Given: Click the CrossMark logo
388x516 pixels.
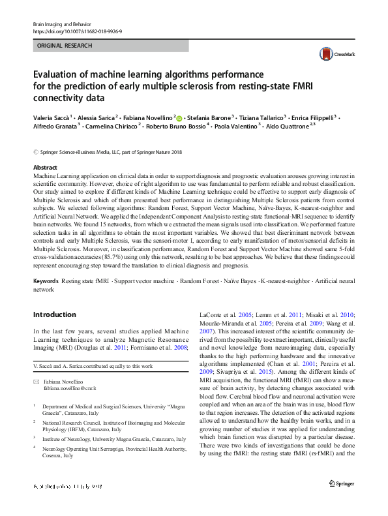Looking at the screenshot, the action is pyautogui.click(x=336, y=54).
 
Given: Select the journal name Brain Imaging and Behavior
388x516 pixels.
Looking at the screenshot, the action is pyautogui.click(x=63, y=23).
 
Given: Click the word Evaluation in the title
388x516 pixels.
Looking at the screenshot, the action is pyautogui.click(x=59, y=74).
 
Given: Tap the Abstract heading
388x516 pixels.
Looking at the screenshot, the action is pyautogui.click(x=45, y=168).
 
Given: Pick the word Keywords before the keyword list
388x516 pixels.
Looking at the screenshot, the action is pyautogui.click(x=45, y=281).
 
